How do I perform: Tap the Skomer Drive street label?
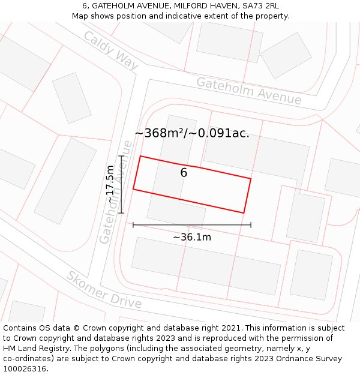(104, 290)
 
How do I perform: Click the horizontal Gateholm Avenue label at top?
(248, 91)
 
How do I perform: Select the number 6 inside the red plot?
(184, 173)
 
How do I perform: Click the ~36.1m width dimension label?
(192, 237)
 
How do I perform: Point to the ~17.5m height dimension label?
(110, 184)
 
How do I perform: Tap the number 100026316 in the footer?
(25, 369)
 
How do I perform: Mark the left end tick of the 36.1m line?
(133, 225)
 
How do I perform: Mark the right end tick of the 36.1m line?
(251, 225)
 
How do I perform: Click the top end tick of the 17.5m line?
(122, 156)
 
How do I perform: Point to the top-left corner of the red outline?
(140, 156)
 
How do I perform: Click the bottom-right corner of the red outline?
(244, 213)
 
